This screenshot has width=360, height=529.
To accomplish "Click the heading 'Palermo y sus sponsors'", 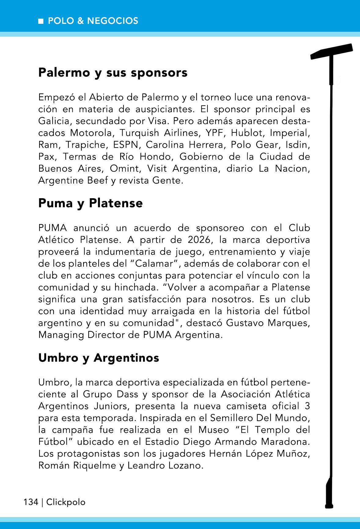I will click(113, 73).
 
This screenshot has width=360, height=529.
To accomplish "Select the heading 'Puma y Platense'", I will click(90, 203).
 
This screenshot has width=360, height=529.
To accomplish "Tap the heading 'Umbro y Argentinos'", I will click(99, 358).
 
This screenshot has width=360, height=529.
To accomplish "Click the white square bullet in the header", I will click(41, 21).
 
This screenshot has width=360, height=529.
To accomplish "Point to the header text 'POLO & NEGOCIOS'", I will click(93, 21).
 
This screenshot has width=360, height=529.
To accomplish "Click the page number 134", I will click(31, 502).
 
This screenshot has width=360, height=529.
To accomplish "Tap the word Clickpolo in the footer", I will click(66, 502).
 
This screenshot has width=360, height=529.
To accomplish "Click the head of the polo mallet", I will click(332, 52).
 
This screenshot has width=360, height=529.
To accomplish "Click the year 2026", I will click(200, 240).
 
